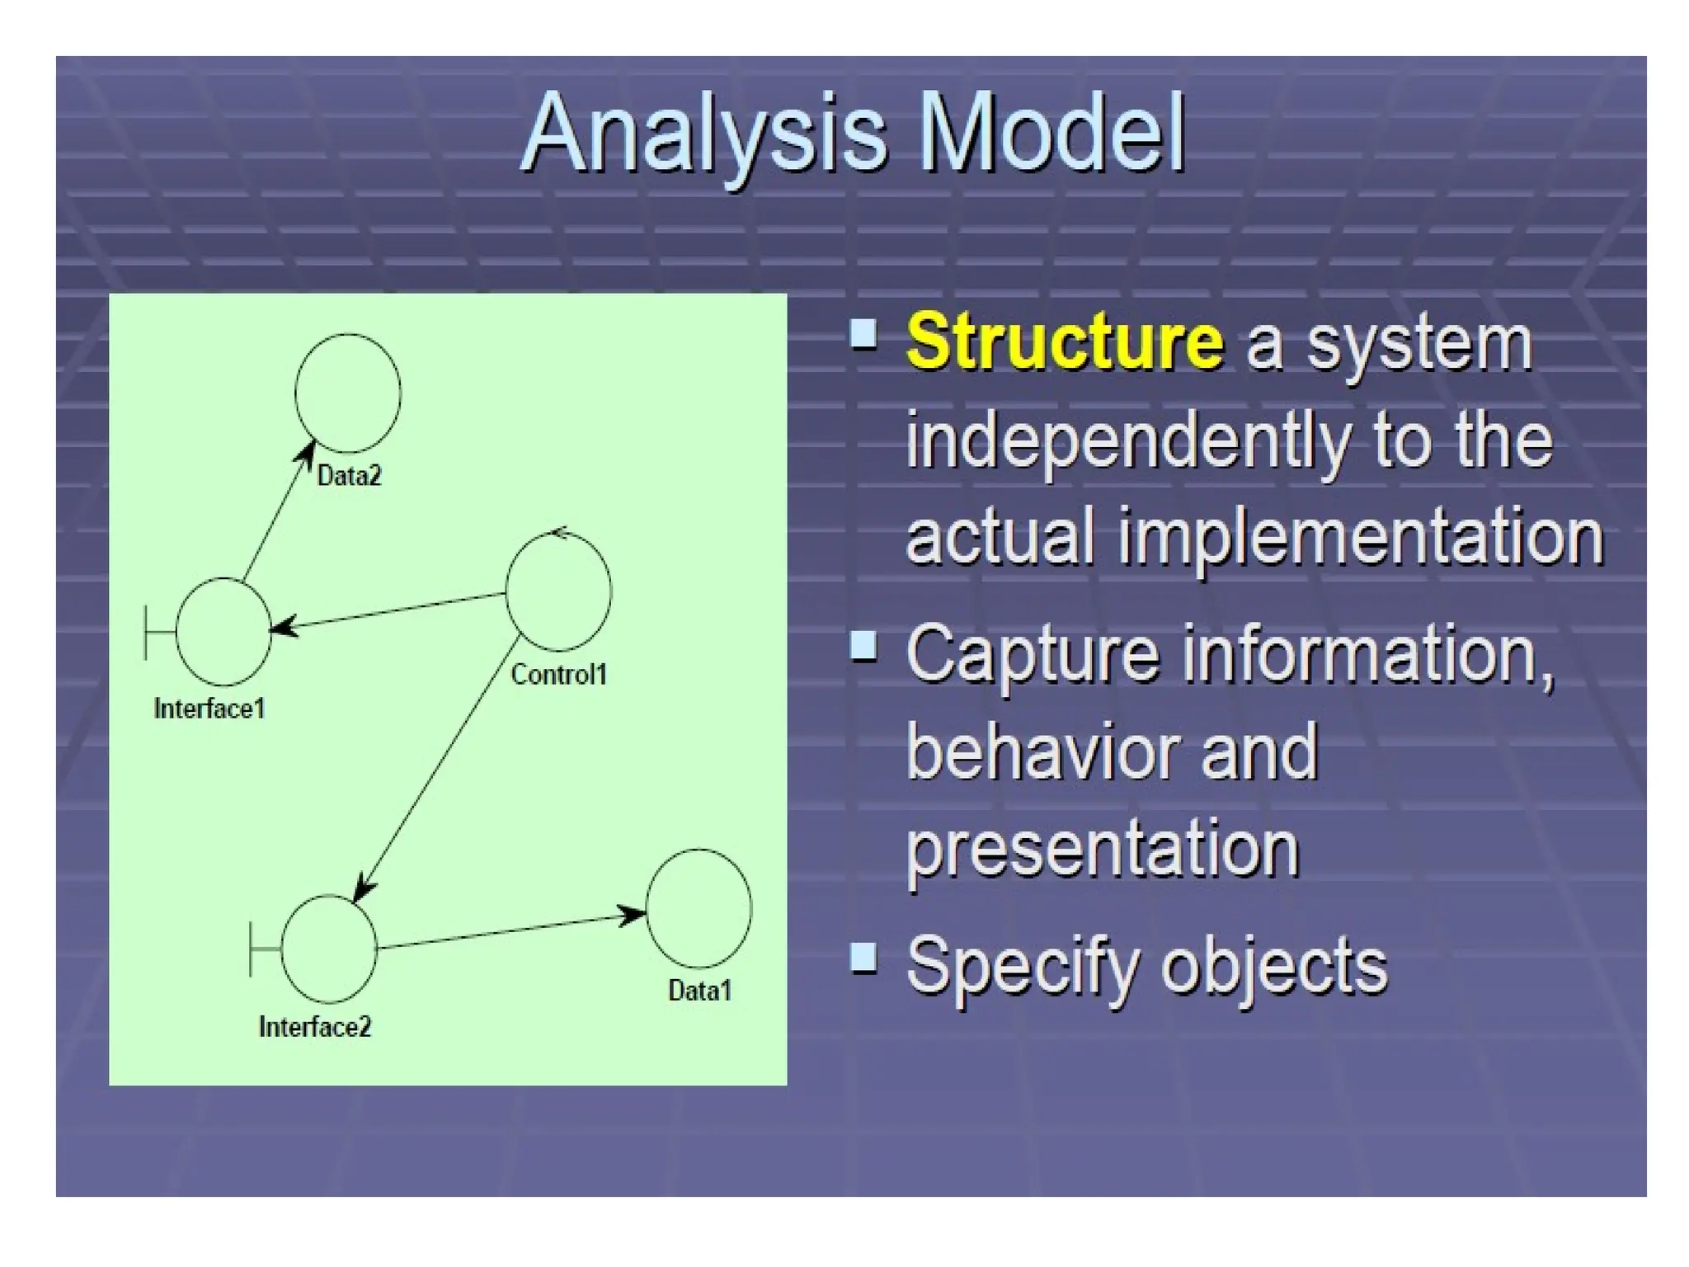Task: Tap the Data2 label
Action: (x=349, y=476)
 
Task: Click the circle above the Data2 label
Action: (x=348, y=393)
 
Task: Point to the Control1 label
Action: (x=558, y=675)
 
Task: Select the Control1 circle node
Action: (x=558, y=591)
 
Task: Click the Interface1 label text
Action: (x=209, y=709)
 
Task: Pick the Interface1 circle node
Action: (x=223, y=632)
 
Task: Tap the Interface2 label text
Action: (x=315, y=1027)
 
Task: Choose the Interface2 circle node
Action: (x=329, y=949)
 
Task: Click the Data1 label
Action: (x=699, y=991)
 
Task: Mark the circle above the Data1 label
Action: (x=699, y=908)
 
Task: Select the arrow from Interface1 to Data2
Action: (x=278, y=513)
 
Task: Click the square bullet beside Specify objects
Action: (x=863, y=958)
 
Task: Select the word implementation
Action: (x=1361, y=536)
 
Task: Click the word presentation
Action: (x=1103, y=850)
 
